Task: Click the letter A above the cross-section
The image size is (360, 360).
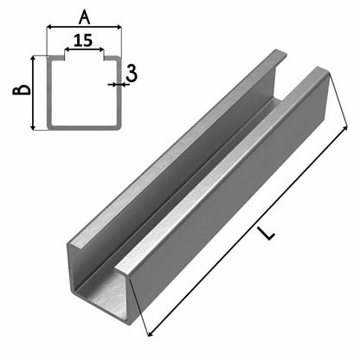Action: (x=84, y=15)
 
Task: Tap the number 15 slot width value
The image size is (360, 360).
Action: (x=83, y=40)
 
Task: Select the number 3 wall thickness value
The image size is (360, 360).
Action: (x=131, y=74)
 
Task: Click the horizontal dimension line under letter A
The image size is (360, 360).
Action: (x=84, y=28)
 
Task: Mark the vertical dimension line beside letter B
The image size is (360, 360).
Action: (x=35, y=93)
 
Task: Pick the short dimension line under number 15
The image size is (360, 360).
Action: (x=83, y=50)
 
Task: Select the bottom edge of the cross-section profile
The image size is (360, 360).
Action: (x=83, y=129)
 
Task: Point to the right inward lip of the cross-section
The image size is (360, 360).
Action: (x=109, y=62)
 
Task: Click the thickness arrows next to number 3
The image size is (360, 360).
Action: (x=115, y=85)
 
